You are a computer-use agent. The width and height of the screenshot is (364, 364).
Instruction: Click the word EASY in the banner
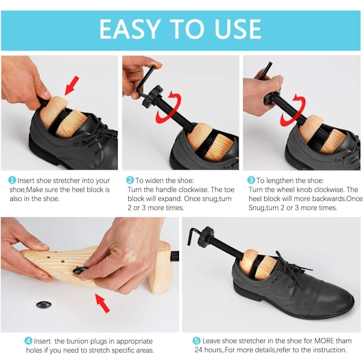tap(130, 29)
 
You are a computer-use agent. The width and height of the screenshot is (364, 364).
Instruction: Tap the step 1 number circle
tap(12, 180)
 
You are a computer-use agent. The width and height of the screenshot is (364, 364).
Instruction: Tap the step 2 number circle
tap(130, 180)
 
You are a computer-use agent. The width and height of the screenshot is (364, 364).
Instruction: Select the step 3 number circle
tap(251, 180)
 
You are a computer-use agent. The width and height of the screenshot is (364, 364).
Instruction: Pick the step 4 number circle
tap(29, 341)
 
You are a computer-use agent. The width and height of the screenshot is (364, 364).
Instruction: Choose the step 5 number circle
tap(197, 341)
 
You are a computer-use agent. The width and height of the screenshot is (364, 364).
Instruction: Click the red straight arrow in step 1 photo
tap(72, 86)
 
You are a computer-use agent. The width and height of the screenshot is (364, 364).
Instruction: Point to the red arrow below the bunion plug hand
tap(102, 303)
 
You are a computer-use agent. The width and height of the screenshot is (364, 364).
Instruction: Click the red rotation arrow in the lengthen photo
tap(293, 110)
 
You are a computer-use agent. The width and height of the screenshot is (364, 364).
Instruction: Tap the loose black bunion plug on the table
tap(44, 305)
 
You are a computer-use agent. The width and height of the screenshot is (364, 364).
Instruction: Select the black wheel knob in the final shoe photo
tap(206, 237)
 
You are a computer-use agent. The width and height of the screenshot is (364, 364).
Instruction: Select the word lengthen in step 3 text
tap(286, 180)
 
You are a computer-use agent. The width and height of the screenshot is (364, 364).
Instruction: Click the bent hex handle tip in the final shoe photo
tap(189, 244)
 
